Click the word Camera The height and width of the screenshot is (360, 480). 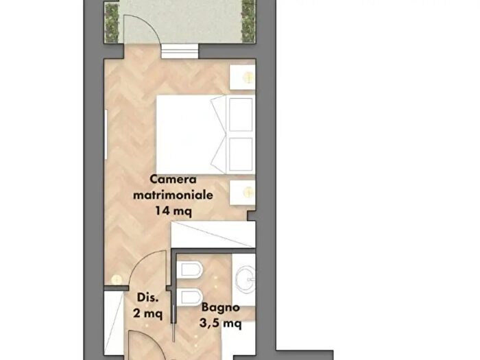173,180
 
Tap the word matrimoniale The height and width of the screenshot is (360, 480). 173,195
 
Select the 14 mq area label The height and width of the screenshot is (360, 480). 173,211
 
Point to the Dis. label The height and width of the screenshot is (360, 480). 148,298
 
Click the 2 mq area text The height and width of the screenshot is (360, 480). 148,314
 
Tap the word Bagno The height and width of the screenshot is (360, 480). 220,308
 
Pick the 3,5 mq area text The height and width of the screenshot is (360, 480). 220,323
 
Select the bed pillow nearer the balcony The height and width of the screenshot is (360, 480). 241,114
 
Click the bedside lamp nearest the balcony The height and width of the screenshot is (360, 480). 248,77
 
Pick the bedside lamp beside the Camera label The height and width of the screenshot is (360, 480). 248,192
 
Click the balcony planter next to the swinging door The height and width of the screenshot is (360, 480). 111,23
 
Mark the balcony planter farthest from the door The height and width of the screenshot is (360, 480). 248,21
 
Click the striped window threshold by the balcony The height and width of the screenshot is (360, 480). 180,51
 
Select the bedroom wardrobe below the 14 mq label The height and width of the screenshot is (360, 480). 213,235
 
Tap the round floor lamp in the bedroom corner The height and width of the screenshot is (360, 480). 117,280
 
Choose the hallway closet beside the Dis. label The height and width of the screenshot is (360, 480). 114,323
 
